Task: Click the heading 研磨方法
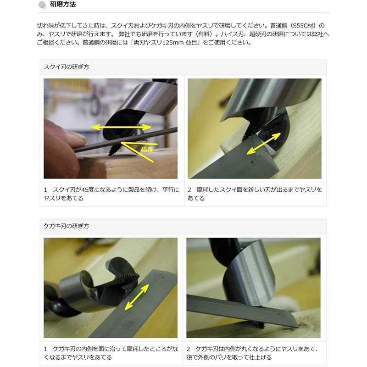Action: (63, 6)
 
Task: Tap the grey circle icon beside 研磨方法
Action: (42, 6)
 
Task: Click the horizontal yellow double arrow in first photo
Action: (120, 127)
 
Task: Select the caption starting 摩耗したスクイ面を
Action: (255, 194)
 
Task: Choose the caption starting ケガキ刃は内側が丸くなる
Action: (255, 353)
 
